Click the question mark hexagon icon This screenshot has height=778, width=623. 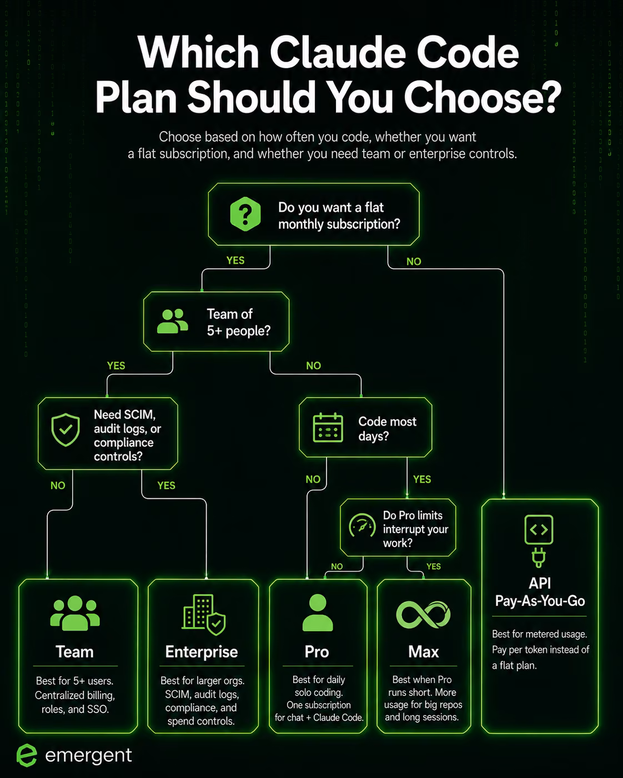coord(245,214)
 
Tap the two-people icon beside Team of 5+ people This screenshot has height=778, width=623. coord(172,321)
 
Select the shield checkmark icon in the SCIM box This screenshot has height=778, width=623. coord(66,430)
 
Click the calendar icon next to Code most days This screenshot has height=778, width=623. coord(328,427)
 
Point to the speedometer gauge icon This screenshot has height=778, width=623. coord(362,526)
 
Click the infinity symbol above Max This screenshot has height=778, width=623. coord(423,615)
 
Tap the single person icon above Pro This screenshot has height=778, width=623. coord(317,613)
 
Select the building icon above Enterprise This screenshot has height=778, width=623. coord(204,614)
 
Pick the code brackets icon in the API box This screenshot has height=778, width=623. coord(539,529)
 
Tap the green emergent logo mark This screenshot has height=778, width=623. coord(27,755)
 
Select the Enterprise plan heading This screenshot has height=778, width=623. coord(202,652)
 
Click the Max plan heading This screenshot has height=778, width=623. coord(423,652)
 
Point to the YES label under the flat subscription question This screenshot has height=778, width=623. coord(235,260)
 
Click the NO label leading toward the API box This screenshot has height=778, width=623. coord(414,261)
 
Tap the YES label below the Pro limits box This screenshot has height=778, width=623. coord(434,567)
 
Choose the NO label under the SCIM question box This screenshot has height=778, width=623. coord(58,485)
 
